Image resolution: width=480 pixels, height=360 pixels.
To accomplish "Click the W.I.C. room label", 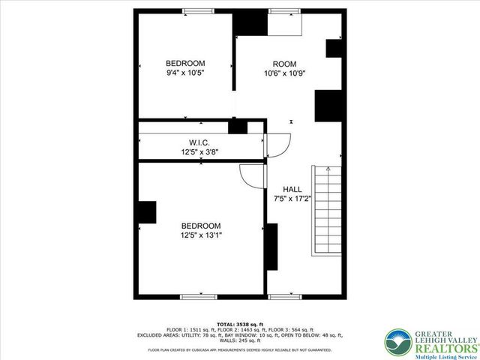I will (199, 142).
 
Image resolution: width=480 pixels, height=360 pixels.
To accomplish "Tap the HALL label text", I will (292, 188).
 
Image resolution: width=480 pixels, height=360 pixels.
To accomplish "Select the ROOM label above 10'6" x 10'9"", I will (284, 64).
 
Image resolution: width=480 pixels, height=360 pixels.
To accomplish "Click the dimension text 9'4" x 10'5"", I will (185, 73).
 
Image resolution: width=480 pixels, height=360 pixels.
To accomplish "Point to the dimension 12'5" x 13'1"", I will (201, 235).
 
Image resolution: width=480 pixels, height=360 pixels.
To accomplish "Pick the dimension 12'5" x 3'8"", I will (199, 151).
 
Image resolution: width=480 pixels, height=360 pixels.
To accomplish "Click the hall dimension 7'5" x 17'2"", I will (292, 199).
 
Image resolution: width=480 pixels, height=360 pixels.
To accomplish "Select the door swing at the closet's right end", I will (277, 143).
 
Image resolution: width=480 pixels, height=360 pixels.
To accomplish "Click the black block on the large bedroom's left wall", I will (145, 212).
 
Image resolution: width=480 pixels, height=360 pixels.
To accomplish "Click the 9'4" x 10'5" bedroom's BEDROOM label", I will (185, 63).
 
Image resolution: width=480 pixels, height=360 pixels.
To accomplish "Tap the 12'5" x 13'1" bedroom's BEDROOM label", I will (201, 226).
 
